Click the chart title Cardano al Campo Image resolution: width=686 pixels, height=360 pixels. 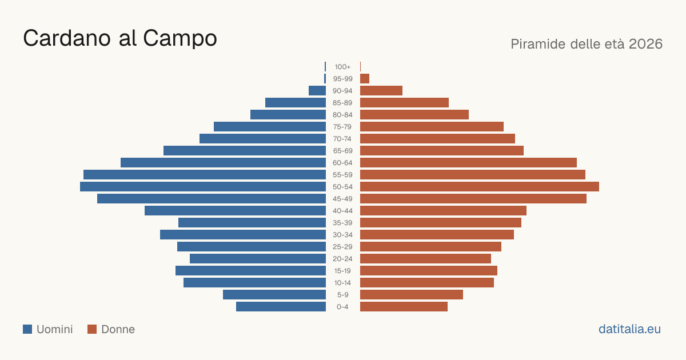coord(120,38)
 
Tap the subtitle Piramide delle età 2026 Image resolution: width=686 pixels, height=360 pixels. coord(587,44)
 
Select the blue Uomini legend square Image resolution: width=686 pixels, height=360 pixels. coord(27,329)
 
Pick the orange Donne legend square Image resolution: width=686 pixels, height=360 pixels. coord(92,329)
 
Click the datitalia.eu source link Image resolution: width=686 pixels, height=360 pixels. coord(629,329)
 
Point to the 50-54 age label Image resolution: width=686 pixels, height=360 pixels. coord(342,187)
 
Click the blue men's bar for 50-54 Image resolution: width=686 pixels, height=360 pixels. coord(203,187)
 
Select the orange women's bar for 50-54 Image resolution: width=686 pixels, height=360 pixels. coord(480,187)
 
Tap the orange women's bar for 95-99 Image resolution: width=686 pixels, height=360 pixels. coord(365,79)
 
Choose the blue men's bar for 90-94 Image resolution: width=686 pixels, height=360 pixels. coord(317,91)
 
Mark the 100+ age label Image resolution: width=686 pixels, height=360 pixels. coord(342,67)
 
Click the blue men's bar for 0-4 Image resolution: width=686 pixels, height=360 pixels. coord(281,307)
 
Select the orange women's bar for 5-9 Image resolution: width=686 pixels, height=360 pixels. coord(412,295)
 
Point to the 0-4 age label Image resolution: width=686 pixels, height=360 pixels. coord(342,307)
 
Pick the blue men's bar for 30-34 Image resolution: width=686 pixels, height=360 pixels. coord(243,235)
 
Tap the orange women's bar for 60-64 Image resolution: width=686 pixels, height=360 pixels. coord(468,162)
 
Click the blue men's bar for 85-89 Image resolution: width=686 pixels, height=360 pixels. coord(296,102)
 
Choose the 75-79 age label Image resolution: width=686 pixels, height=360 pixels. coord(342,127)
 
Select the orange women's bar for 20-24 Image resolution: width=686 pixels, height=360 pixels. coord(425,259)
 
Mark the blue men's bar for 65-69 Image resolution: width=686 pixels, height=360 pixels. coord(245,151)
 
